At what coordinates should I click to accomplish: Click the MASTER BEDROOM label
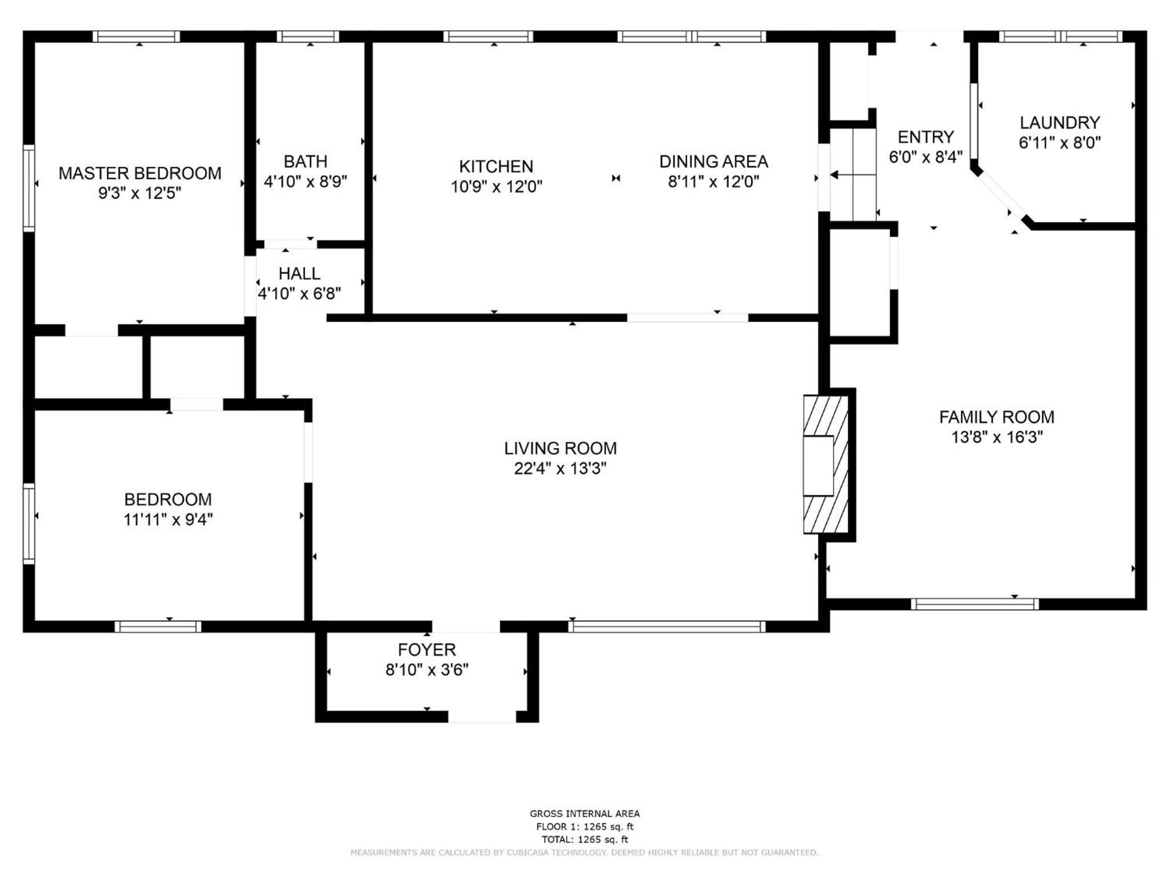(x=140, y=173)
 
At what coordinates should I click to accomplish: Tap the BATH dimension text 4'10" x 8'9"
(x=306, y=182)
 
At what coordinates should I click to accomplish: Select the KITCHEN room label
(x=496, y=166)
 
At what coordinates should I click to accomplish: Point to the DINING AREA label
(x=714, y=162)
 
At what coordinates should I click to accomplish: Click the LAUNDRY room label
(x=1060, y=123)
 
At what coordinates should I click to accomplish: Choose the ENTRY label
(x=925, y=137)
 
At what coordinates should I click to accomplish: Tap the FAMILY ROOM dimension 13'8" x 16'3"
(x=997, y=437)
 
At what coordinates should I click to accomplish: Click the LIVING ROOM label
(x=560, y=448)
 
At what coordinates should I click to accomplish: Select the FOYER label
(x=427, y=650)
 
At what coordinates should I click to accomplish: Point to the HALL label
(x=299, y=273)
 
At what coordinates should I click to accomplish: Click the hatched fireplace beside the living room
(x=826, y=465)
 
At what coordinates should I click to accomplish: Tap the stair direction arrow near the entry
(x=852, y=175)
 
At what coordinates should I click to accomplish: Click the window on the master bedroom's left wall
(x=29, y=188)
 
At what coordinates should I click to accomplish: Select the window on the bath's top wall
(x=308, y=37)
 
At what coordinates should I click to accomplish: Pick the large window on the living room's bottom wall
(x=667, y=626)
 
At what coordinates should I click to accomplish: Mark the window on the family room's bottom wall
(x=975, y=604)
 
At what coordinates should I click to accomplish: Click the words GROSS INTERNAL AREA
(x=584, y=814)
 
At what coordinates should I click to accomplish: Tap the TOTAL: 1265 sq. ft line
(x=584, y=839)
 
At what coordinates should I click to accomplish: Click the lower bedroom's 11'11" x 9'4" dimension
(x=168, y=520)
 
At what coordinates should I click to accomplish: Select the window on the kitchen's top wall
(x=488, y=37)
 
